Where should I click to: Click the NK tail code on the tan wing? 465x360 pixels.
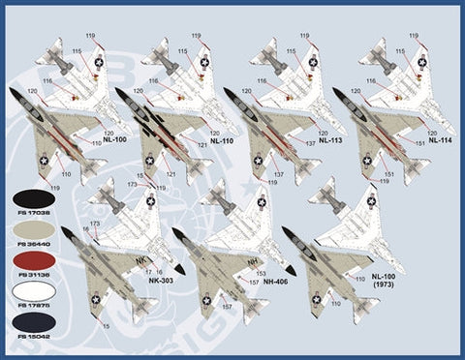coord(140,260)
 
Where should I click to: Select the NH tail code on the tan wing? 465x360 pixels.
coord(254,261)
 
